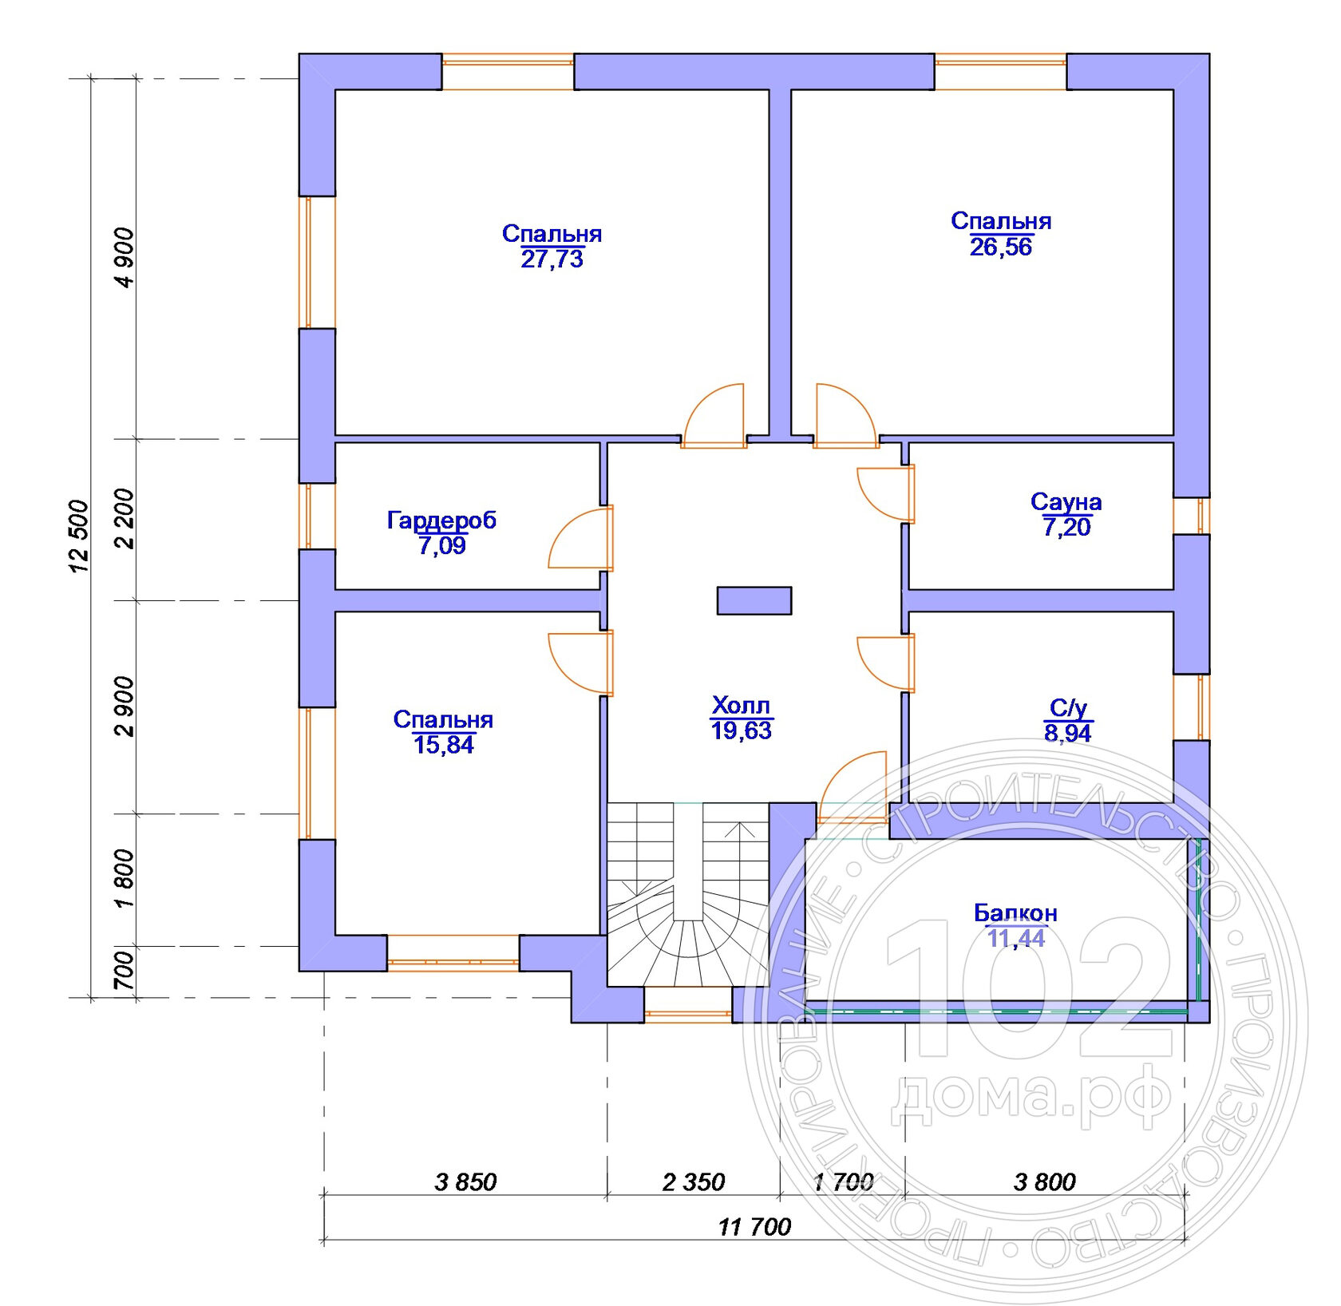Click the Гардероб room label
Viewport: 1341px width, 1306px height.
tap(441, 520)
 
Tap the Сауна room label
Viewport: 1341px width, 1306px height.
tap(1066, 502)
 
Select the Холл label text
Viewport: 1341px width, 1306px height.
tap(741, 706)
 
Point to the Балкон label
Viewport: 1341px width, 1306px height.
tap(1015, 912)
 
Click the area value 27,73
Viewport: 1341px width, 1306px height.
tap(552, 259)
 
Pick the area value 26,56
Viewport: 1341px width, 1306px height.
tap(1000, 247)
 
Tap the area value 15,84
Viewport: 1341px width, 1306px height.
tap(443, 745)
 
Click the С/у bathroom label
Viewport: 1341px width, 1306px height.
tap(1068, 707)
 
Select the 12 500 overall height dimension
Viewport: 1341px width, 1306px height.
tap(79, 536)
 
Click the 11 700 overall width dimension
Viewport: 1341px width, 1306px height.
tap(754, 1227)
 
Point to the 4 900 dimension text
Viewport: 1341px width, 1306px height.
tap(125, 257)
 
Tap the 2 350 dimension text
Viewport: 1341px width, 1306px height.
tap(693, 1182)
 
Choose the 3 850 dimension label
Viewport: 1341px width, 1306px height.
tap(465, 1182)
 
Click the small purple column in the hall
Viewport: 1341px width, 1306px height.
tap(754, 601)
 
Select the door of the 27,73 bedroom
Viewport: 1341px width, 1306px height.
tap(714, 415)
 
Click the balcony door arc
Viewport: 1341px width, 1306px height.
tap(852, 786)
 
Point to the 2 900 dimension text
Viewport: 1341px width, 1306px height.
tap(125, 706)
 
